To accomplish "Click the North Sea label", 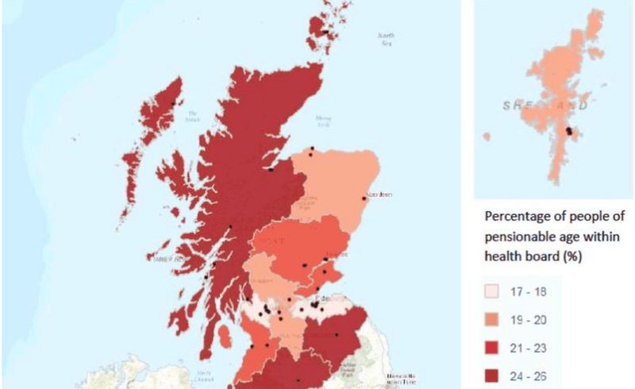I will [386, 37].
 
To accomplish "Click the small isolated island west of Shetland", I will [486, 137].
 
